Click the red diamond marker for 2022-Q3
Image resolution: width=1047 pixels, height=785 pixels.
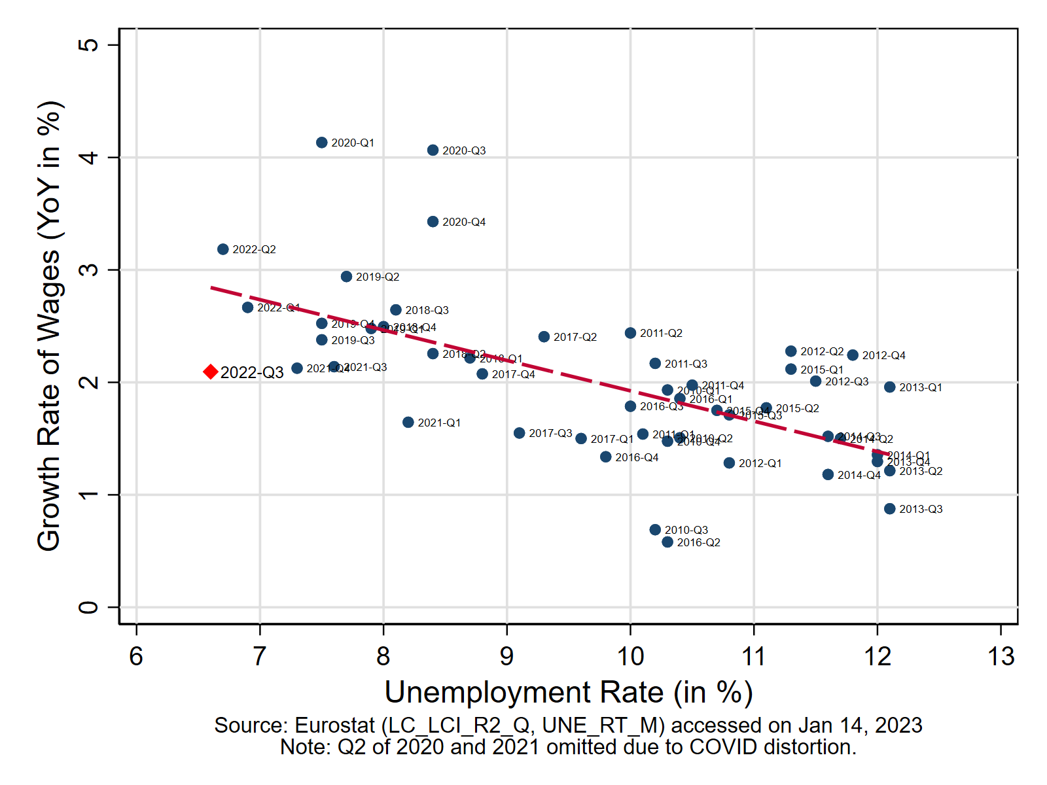point(211,372)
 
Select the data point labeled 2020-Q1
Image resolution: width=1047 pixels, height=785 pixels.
point(322,143)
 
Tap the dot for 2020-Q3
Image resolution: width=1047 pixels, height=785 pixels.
point(433,150)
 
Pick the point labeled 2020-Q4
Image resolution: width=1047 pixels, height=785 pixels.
point(433,222)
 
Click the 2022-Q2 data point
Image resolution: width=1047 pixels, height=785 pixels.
point(223,249)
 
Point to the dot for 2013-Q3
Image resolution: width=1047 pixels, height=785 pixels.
point(889,509)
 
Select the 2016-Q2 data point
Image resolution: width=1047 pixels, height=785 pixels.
point(667,542)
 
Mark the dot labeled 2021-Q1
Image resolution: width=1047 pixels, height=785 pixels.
point(408,423)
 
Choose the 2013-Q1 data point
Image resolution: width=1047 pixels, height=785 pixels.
point(889,387)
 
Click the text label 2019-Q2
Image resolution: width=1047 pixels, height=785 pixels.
point(378,277)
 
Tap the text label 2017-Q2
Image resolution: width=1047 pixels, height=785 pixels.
point(575,338)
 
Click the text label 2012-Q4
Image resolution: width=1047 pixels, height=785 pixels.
point(883,356)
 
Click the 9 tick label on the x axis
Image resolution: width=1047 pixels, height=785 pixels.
point(507,656)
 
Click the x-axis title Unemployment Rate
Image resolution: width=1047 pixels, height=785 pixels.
point(568,693)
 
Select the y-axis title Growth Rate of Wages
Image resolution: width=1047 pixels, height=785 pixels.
point(49,326)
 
